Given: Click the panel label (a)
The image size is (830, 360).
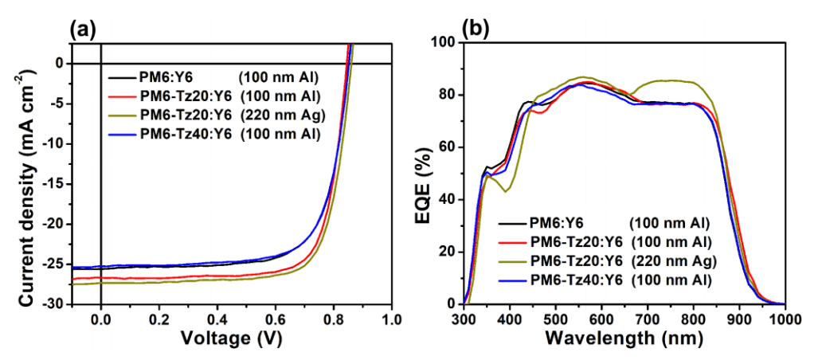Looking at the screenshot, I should coord(83,29).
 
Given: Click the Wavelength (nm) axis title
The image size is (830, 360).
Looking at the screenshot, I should coord(624,338).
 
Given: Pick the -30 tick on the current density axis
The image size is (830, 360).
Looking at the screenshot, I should coord(53,303).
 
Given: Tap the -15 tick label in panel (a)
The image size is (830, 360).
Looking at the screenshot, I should coord(53,184).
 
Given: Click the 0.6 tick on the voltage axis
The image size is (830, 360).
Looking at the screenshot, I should coord(276,319).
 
